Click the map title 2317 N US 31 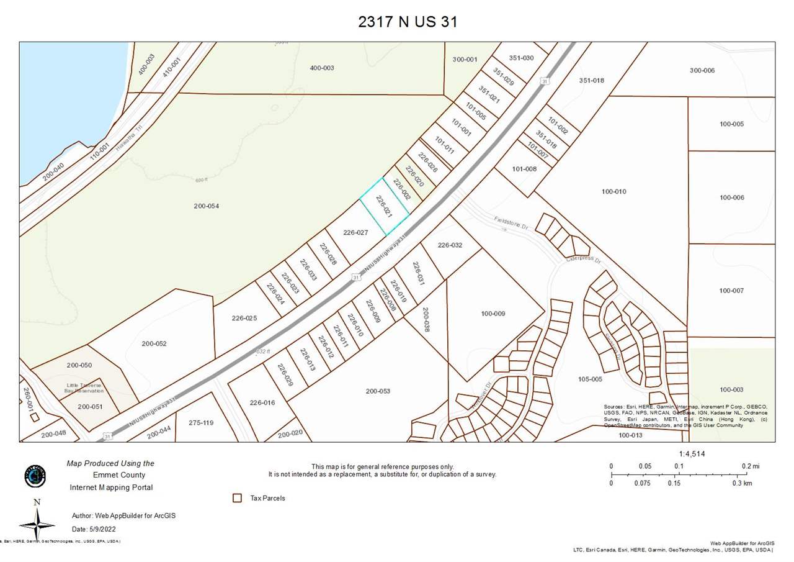(408, 22)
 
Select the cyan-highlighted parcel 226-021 (385, 207)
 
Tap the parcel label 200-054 (206, 206)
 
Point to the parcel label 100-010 (613, 192)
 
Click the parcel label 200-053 (378, 391)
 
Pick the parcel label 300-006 (702, 71)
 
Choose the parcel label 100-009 (493, 314)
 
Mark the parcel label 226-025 (244, 318)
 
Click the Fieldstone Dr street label (511, 223)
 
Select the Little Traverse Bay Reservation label (85, 388)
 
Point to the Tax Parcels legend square (237, 498)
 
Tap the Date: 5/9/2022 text (94, 529)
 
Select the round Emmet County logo (35, 476)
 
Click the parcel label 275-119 (200, 423)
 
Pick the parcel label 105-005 (590, 379)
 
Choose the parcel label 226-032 (450, 245)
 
